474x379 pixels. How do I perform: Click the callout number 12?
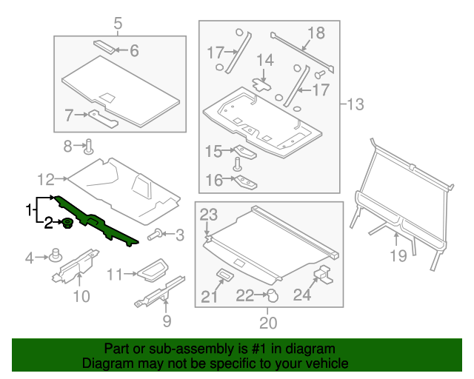point(46,178)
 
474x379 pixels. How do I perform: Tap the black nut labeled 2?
point(67,222)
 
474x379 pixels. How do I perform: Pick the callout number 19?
point(398,256)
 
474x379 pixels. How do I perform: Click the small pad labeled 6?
point(105,46)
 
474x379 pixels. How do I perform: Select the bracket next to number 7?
point(104,117)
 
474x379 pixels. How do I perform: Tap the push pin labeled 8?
point(88,145)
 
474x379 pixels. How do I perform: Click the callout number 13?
point(356,104)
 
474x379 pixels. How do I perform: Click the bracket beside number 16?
point(247,182)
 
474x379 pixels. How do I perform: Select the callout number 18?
point(316,33)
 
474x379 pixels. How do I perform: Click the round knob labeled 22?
point(271,295)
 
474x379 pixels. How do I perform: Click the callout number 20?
point(267,322)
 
